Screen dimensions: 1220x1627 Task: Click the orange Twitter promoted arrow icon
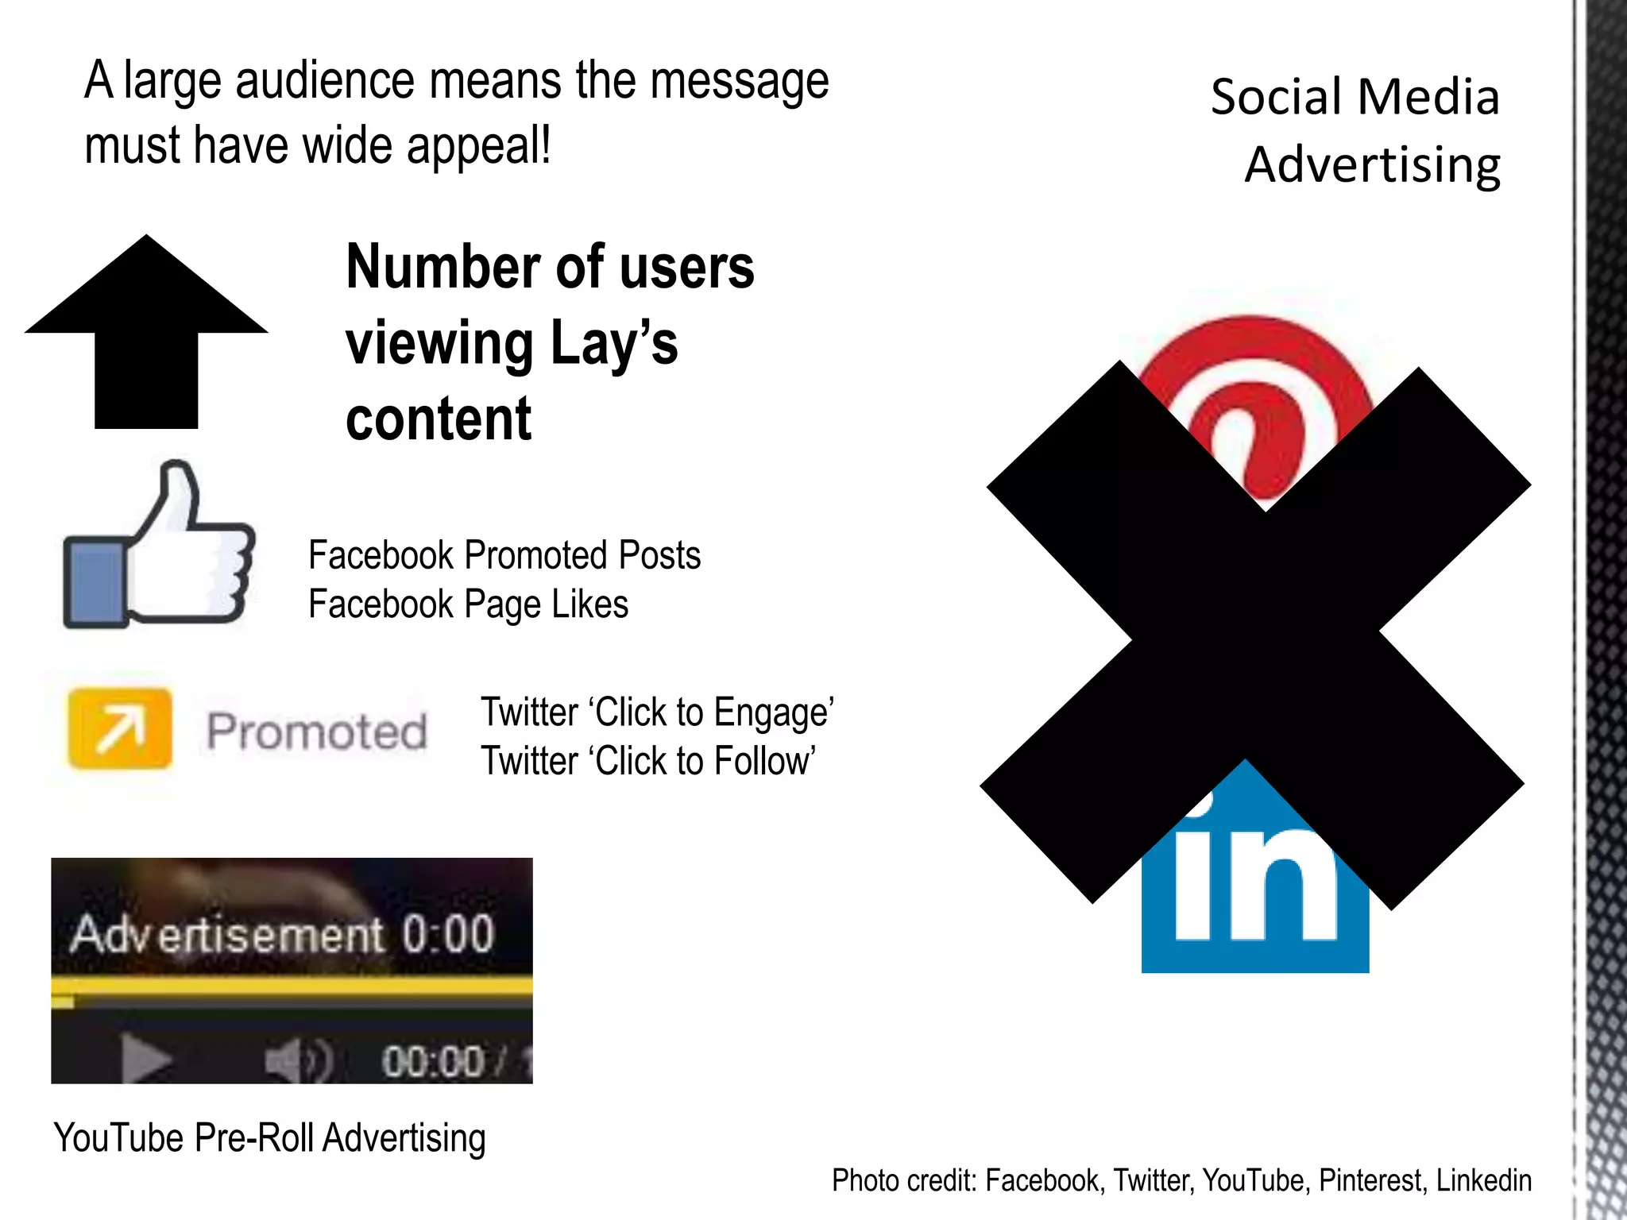click(x=120, y=728)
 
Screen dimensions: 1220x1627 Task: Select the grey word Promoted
click(x=317, y=732)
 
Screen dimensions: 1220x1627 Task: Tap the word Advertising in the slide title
click(x=1372, y=165)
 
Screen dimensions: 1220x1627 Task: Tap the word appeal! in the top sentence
click(x=478, y=146)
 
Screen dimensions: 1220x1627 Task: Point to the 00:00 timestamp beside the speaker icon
click(x=433, y=1061)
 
